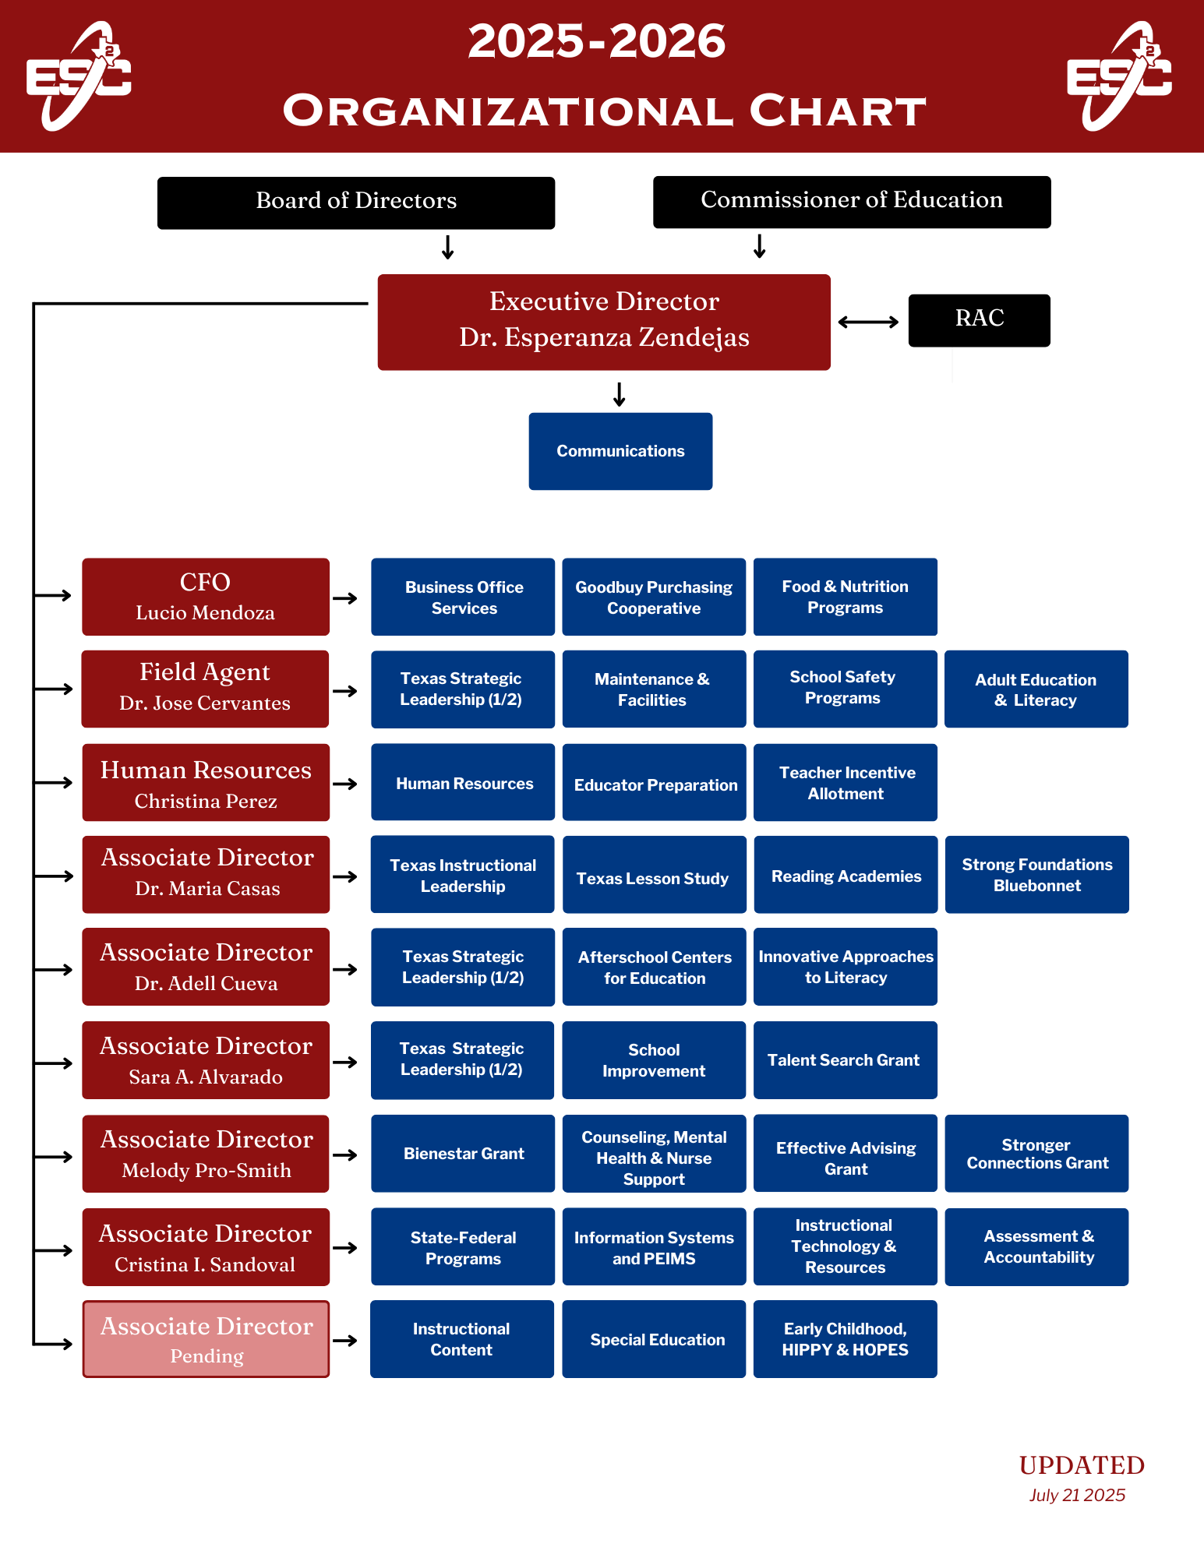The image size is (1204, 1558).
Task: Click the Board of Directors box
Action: pos(356,203)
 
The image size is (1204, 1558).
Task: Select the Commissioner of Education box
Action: pos(851,202)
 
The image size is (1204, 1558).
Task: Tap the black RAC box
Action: pos(979,320)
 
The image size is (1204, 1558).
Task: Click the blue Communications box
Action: pos(620,451)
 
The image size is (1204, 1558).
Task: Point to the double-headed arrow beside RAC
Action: pos(868,322)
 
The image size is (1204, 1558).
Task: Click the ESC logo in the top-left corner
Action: pos(79,76)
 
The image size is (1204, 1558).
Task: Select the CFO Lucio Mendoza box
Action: pos(206,597)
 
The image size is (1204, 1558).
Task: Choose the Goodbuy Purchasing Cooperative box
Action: pos(654,597)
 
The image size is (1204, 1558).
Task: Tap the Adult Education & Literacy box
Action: pos(1036,689)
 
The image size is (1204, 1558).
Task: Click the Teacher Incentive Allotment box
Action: pos(846,783)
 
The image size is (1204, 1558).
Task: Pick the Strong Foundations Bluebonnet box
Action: pos(1036,875)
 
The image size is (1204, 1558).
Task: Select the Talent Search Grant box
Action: pos(845,1060)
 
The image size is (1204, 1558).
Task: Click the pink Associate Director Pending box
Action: pos(206,1339)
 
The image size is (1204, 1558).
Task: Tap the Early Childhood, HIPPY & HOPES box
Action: pos(845,1339)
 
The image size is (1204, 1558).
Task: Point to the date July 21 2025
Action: pos(1077,1495)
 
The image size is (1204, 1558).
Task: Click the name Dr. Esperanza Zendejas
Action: pos(604,337)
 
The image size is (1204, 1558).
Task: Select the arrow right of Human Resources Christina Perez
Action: pos(345,784)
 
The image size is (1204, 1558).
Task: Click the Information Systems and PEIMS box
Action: pos(654,1247)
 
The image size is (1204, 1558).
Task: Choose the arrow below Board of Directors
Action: pos(447,248)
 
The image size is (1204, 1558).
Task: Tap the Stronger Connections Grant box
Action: pos(1036,1154)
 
